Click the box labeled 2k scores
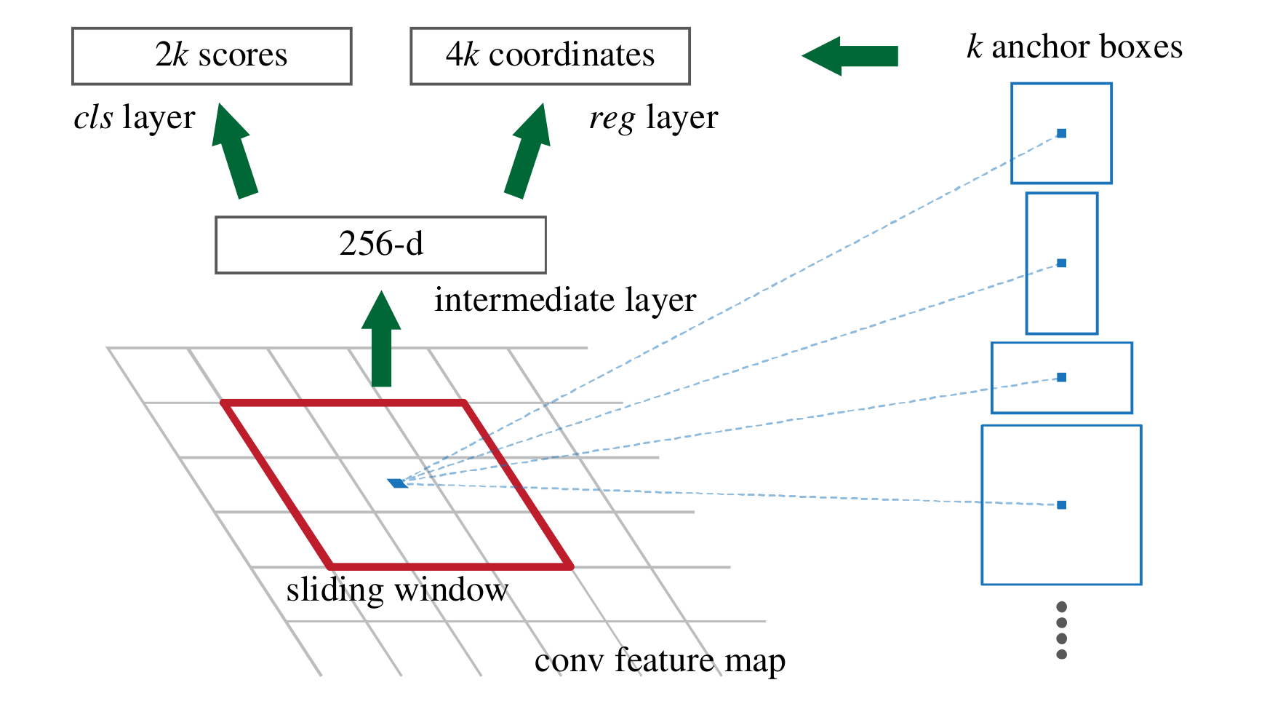tap(212, 56)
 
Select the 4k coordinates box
tap(550, 56)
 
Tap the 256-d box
tap(380, 245)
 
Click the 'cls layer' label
tap(135, 118)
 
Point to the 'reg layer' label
tap(653, 118)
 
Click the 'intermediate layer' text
tap(565, 300)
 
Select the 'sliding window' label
tap(397, 590)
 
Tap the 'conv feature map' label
tap(660, 660)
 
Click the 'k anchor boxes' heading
tap(1074, 47)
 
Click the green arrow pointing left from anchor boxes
tap(851, 55)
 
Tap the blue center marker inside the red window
tap(397, 483)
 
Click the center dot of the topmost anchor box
tap(1061, 133)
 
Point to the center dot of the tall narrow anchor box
tap(1061, 263)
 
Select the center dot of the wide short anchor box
tap(1061, 377)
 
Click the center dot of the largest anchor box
tap(1061, 505)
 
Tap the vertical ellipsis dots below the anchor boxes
tap(1061, 630)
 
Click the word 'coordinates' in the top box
tap(572, 55)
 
